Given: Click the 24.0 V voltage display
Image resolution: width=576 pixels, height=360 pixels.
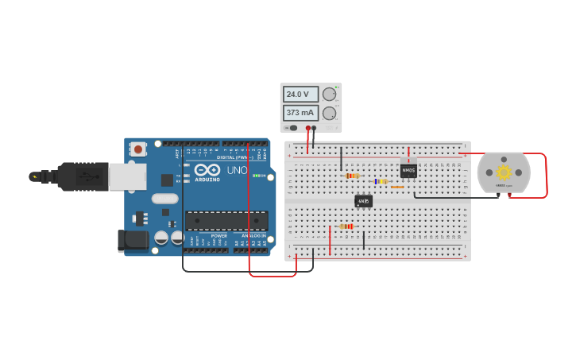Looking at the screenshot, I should [300, 95].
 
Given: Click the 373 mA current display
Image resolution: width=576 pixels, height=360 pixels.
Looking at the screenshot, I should [300, 113].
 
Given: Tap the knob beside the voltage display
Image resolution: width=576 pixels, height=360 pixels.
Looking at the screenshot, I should [329, 94].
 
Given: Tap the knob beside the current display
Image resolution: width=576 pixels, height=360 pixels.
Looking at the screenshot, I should [329, 113].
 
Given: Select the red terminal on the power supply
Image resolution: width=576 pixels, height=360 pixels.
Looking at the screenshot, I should [308, 127].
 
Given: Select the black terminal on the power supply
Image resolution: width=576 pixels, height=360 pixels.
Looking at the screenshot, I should [315, 127].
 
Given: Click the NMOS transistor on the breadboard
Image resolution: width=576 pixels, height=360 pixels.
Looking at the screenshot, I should [408, 171].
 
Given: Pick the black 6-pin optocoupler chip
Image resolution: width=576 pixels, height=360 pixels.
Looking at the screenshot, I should [363, 201].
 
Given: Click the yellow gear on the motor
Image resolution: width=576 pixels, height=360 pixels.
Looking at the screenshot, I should [504, 172].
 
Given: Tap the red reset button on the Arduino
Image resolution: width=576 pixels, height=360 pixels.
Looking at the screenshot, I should [138, 149].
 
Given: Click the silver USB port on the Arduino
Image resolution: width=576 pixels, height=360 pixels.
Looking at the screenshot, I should [126, 176].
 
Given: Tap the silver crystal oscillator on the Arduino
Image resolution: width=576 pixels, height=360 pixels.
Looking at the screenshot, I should [164, 199].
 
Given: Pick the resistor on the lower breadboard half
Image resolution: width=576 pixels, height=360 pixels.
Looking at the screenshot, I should [346, 226].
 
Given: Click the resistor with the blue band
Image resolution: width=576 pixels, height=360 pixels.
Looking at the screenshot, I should [381, 181].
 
